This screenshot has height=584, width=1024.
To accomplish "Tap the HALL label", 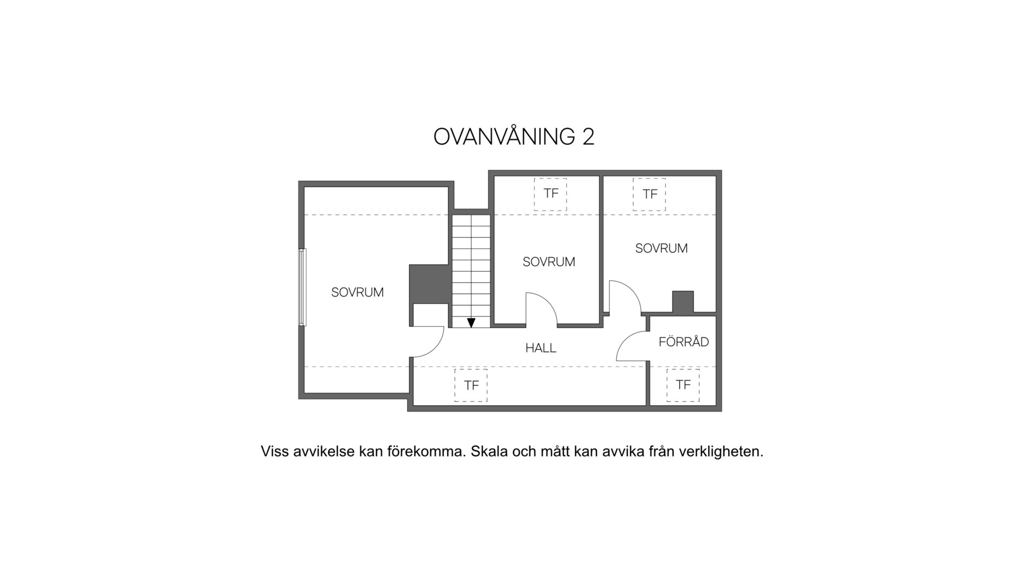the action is click(541, 348).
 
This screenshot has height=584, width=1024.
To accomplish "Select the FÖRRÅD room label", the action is click(683, 341).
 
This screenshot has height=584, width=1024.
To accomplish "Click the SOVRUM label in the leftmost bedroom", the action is click(357, 293).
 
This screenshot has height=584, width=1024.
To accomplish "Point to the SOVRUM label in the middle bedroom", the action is click(549, 262).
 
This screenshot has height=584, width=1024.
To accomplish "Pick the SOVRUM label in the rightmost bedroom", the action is click(661, 249).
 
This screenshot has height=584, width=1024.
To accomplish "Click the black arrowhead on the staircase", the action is click(471, 323).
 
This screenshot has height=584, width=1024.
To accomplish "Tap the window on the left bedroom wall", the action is click(303, 287).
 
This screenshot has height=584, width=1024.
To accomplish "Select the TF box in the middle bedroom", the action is click(550, 194).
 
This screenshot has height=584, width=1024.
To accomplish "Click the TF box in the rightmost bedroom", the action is click(649, 194).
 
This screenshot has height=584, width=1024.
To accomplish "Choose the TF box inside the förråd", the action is click(683, 385).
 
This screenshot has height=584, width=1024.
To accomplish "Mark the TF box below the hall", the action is click(471, 386).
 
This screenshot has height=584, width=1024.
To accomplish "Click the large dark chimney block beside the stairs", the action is click(430, 284).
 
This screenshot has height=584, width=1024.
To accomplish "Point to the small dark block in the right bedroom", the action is click(683, 302).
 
